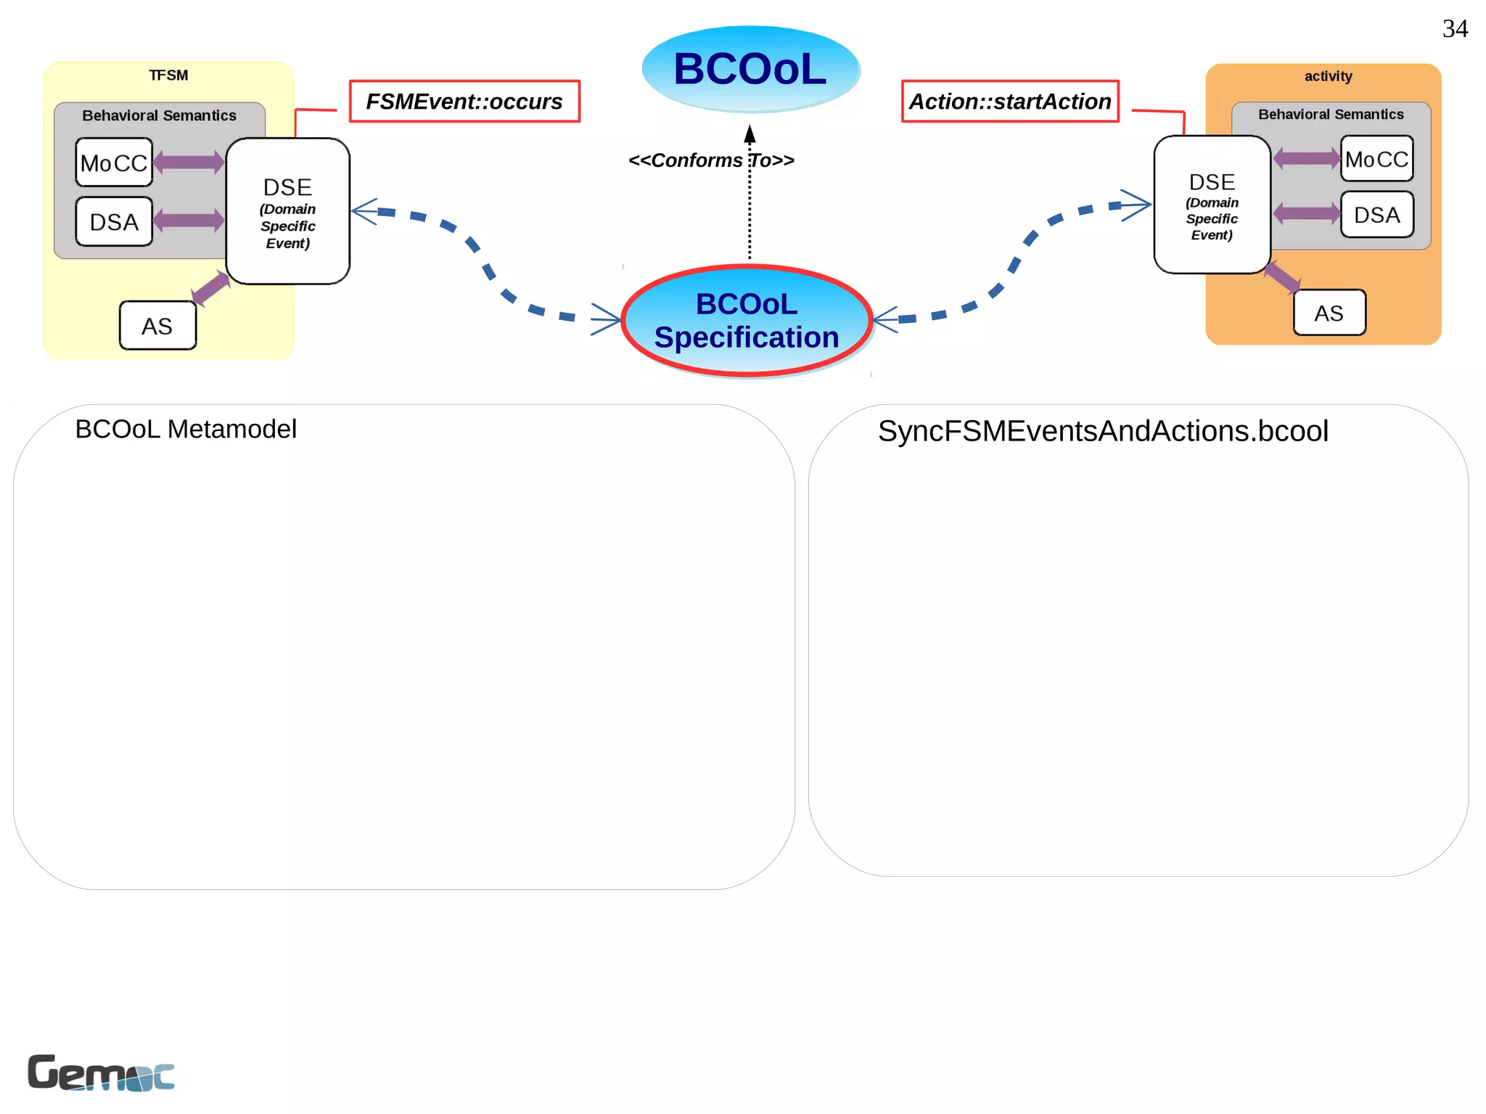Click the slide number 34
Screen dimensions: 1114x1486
[1454, 29]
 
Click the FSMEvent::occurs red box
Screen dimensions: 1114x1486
[464, 102]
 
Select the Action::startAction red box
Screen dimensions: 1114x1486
[1010, 102]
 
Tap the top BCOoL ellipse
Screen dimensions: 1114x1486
[750, 69]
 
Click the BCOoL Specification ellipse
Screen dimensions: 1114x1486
[747, 321]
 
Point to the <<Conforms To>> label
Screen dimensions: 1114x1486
[711, 160]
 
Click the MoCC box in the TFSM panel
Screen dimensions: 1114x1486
[114, 163]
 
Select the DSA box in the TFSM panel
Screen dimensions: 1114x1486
[114, 222]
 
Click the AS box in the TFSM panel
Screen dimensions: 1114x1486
[157, 326]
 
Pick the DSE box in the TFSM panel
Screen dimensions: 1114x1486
[287, 211]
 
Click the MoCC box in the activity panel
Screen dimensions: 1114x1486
[1376, 159]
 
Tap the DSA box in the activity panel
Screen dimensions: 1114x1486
[1376, 215]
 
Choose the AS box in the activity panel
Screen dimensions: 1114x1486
[1329, 313]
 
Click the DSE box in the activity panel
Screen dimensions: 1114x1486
[1212, 205]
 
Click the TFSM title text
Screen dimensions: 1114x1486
[168, 75]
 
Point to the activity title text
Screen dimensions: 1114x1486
[1328, 76]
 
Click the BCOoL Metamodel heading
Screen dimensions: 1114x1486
[186, 429]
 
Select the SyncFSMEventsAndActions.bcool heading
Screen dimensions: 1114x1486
[1103, 431]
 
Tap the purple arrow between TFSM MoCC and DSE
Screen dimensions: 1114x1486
[189, 162]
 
